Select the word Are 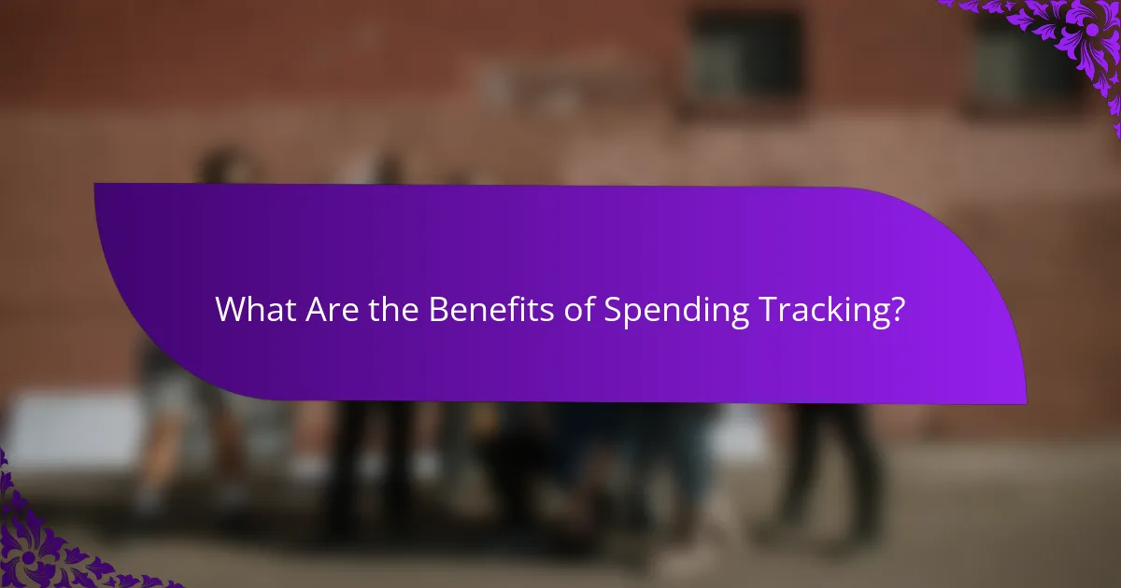327,310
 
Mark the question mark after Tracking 898,310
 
